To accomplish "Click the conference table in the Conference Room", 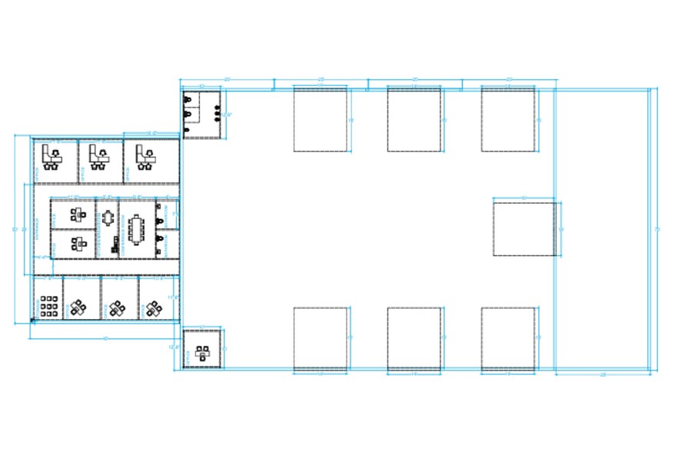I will [138, 228].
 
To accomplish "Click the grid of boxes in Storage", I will [48, 305].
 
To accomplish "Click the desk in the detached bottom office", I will [203, 352].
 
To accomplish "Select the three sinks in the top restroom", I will [217, 113].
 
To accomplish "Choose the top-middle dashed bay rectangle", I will [414, 119].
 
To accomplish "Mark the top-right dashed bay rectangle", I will [508, 119].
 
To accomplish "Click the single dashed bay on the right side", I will [523, 228].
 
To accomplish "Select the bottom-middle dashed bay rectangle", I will [414, 339].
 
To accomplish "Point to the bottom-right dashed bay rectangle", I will [508, 339].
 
